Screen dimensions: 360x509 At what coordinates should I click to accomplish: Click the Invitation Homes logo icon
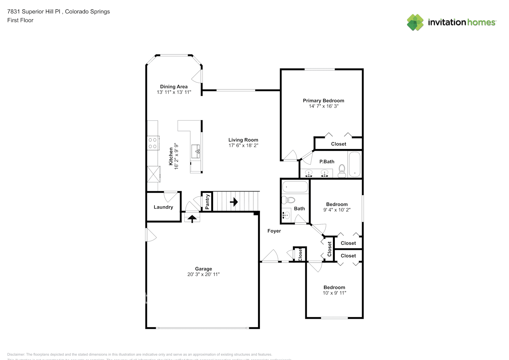(x=415, y=22)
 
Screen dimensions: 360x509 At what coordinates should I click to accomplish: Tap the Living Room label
(x=243, y=140)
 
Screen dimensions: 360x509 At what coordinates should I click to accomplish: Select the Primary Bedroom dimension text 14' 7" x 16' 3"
(x=323, y=106)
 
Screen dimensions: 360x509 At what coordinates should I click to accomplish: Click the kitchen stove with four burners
(x=153, y=143)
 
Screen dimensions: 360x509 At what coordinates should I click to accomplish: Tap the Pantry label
(x=207, y=202)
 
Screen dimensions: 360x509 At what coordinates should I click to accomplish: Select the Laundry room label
(x=163, y=207)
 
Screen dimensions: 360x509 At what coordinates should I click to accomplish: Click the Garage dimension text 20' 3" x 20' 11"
(x=203, y=274)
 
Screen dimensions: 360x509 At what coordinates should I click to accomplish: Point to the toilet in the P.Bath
(x=342, y=171)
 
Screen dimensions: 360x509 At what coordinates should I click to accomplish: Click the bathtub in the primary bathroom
(x=355, y=165)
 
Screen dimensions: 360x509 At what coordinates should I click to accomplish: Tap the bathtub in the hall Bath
(x=295, y=187)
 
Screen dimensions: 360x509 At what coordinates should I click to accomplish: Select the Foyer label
(x=274, y=231)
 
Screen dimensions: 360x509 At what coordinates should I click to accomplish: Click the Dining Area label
(x=174, y=86)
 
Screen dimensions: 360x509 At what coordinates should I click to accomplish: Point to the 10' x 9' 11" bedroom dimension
(x=334, y=293)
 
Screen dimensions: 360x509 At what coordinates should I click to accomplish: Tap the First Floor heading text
(x=20, y=20)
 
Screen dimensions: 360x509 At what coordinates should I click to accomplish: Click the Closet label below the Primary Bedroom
(x=338, y=144)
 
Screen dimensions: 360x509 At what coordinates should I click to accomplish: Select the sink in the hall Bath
(x=286, y=215)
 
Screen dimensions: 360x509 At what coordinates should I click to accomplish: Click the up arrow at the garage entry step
(x=192, y=218)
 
